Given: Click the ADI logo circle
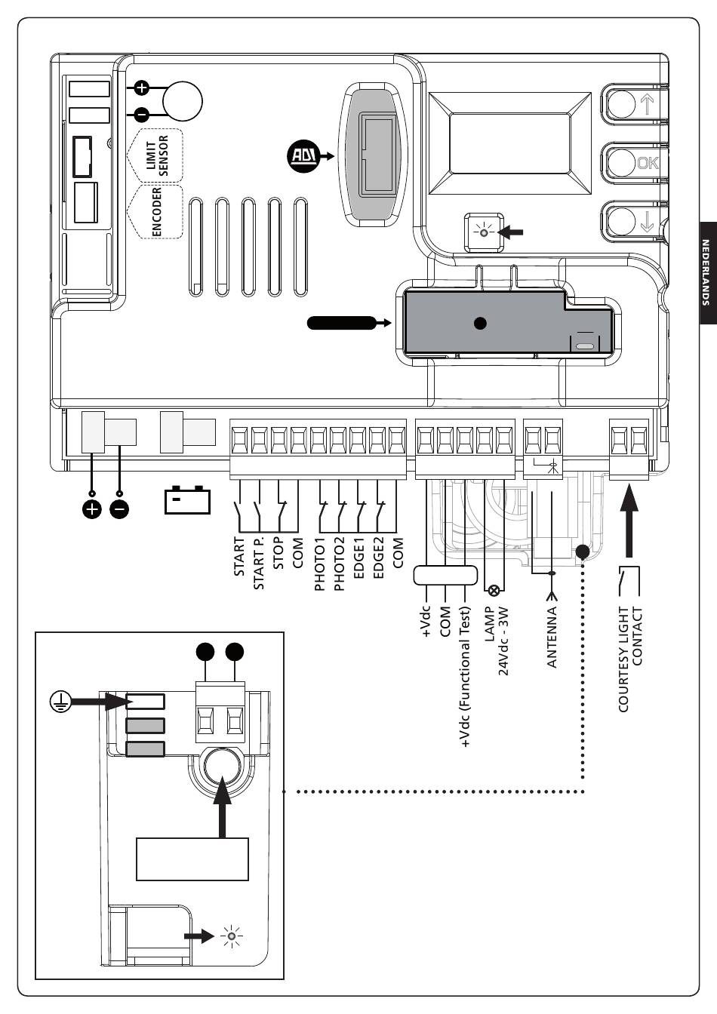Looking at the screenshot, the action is pyautogui.click(x=303, y=156).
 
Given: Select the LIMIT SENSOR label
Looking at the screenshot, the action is pyautogui.click(x=157, y=155).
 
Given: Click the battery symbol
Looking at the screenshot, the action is pyautogui.click(x=187, y=499).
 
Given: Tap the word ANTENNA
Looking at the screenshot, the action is pyautogui.click(x=552, y=638).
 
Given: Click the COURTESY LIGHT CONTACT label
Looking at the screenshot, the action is pyautogui.click(x=630, y=659).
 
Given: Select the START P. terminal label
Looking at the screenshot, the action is pyautogui.click(x=259, y=563).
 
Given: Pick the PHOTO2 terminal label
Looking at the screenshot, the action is pyautogui.click(x=339, y=564).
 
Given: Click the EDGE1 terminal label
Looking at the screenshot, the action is pyautogui.click(x=358, y=558).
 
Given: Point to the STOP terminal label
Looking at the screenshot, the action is pyautogui.click(x=278, y=553).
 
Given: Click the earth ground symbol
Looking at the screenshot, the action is pyautogui.click(x=60, y=702).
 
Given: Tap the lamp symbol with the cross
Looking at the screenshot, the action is pyautogui.click(x=494, y=590).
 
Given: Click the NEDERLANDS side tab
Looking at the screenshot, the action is pyautogui.click(x=708, y=272).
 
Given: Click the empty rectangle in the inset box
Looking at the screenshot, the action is pyautogui.click(x=192, y=859).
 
